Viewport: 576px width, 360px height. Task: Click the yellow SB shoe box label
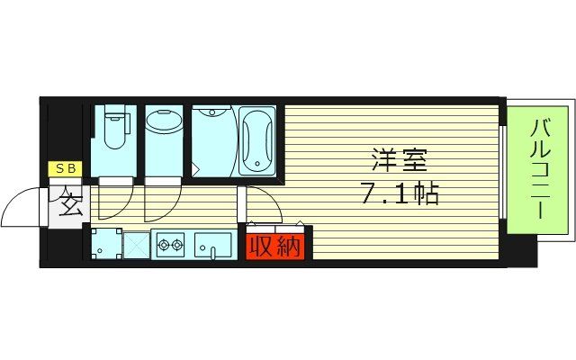tap(67, 168)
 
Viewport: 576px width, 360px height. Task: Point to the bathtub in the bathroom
tap(257, 139)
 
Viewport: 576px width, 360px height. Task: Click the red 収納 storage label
tap(274, 245)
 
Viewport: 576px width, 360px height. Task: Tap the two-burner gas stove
tap(170, 243)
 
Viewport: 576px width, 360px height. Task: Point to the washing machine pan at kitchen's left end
tap(105, 243)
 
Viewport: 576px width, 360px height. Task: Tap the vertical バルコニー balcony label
tap(541, 171)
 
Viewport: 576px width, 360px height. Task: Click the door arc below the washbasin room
tap(162, 202)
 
